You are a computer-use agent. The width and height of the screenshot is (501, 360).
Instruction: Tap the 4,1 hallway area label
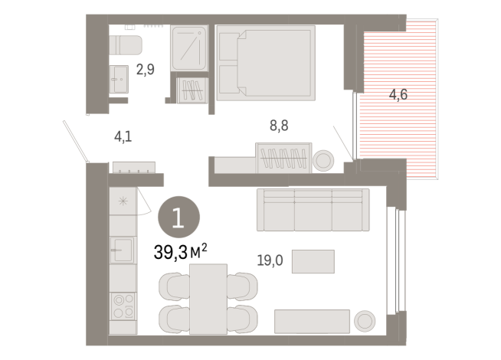[x=123, y=137]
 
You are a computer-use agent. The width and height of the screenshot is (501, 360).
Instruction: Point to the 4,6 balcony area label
[x=398, y=95]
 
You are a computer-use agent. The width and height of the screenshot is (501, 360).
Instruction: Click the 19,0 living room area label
[x=269, y=260]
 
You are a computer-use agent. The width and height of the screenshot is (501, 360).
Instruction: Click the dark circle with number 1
[x=178, y=218]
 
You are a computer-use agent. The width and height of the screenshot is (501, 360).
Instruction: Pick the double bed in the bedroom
[x=266, y=63]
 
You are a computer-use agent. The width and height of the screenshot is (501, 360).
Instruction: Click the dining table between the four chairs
[x=208, y=299]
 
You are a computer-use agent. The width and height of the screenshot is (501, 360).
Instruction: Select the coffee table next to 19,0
[x=313, y=261]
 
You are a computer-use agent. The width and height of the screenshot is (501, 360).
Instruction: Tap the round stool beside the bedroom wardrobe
[x=323, y=160]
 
